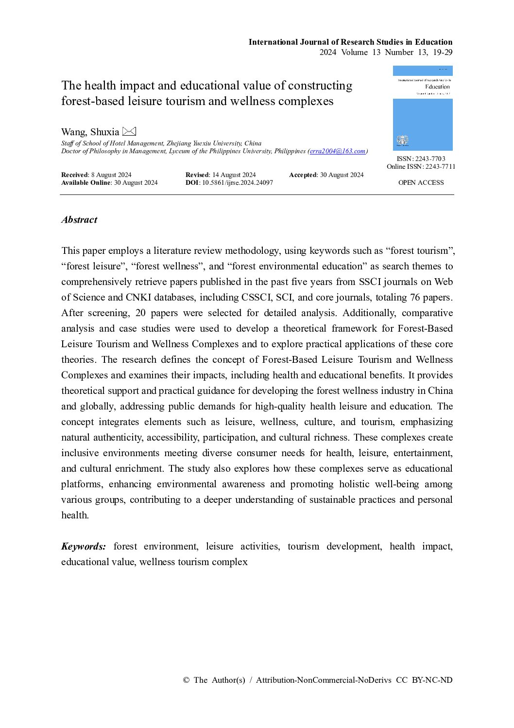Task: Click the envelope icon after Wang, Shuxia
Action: (x=129, y=131)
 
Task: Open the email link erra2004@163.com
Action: (x=337, y=151)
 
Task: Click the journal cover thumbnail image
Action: (x=423, y=108)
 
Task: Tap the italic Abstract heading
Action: (x=79, y=220)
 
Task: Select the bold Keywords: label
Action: (x=84, y=547)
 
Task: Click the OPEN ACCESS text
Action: (x=421, y=183)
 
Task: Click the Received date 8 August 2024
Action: (x=111, y=175)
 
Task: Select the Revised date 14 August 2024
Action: (x=234, y=175)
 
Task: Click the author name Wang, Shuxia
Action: (x=90, y=132)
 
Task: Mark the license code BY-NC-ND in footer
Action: (x=432, y=680)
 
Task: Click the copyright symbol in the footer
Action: (x=186, y=680)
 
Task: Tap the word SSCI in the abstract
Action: (x=371, y=282)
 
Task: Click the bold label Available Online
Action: (x=86, y=183)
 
